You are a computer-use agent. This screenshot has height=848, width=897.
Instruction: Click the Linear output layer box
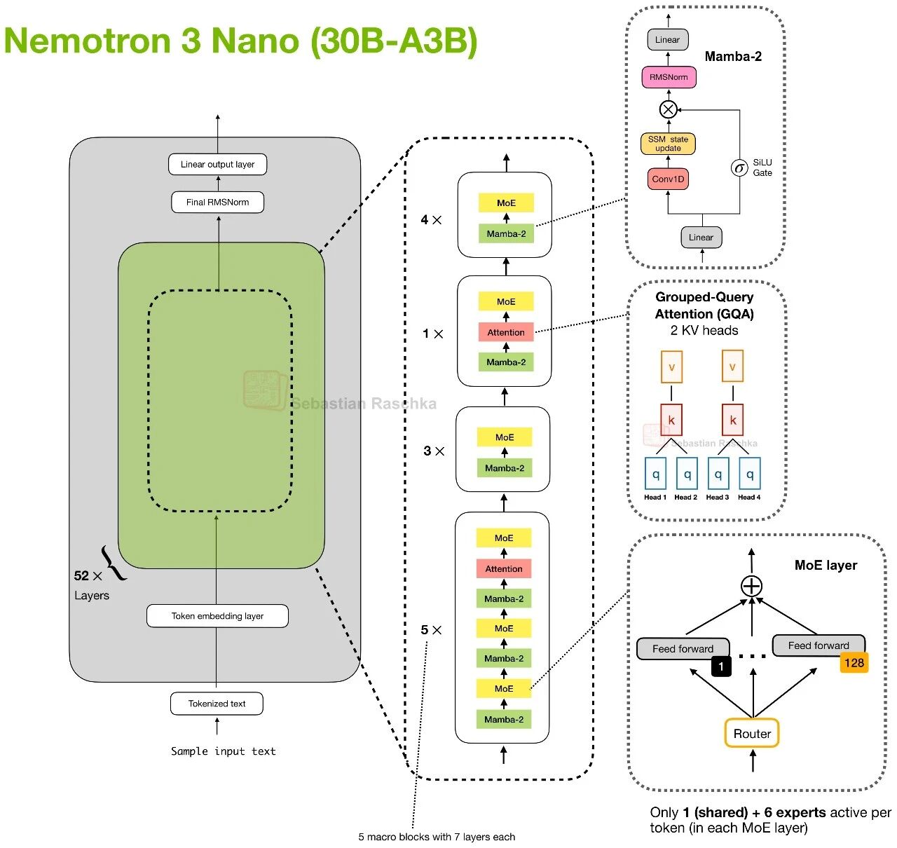click(217, 165)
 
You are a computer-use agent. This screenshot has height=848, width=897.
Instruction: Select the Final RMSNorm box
click(217, 203)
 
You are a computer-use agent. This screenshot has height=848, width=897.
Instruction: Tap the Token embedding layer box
click(217, 616)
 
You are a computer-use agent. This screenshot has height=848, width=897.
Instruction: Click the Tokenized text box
click(217, 704)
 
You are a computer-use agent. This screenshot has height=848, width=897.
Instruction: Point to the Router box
click(752, 734)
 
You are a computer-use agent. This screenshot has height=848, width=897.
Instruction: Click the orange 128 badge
click(854, 663)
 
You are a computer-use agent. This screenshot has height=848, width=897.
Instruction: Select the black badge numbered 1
click(721, 666)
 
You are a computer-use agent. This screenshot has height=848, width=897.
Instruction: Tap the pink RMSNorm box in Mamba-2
click(669, 77)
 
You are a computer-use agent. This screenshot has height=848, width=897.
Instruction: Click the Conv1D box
click(668, 179)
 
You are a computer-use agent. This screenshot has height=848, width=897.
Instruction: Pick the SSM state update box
click(668, 144)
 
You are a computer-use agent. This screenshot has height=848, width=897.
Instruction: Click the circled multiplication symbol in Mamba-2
click(669, 109)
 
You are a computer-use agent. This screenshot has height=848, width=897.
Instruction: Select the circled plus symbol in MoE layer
click(751, 586)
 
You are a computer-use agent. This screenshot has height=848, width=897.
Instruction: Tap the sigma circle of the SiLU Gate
click(739, 168)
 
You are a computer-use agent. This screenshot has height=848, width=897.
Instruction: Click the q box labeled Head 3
click(718, 474)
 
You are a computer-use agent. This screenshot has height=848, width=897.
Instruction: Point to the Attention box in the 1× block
click(506, 332)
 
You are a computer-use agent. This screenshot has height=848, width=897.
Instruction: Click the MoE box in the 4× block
click(506, 203)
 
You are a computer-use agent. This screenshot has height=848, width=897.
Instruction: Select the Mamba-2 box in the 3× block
click(505, 468)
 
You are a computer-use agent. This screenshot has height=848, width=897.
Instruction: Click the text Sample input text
click(224, 751)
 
